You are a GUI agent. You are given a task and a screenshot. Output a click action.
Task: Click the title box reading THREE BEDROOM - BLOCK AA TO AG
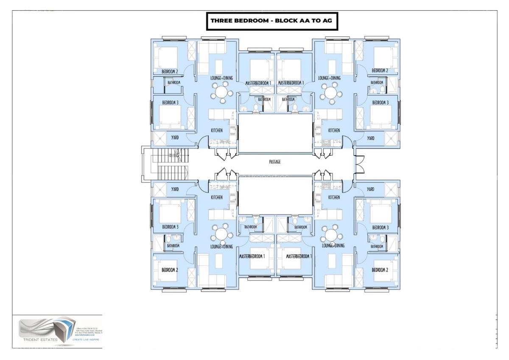[272, 21]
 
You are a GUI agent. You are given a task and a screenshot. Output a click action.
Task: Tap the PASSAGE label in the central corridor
[275, 162]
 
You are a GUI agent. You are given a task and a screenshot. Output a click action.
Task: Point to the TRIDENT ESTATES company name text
[37, 339]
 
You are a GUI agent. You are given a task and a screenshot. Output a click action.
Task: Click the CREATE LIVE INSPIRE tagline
[87, 340]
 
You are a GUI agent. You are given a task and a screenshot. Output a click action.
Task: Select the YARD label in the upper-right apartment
[371, 138]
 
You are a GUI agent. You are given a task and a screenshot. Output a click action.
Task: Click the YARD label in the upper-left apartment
[175, 138]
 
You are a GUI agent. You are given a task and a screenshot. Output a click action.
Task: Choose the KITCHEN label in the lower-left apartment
[217, 197]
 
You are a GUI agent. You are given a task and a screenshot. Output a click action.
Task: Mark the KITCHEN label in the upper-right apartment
[334, 130]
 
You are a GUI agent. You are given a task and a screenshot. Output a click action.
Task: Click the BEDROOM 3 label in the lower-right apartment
[380, 228]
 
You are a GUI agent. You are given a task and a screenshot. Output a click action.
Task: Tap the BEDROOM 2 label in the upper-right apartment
[380, 70]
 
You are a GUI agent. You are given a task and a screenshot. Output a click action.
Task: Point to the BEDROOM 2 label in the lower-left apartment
[170, 270]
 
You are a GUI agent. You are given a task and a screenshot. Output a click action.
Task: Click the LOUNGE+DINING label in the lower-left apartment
[221, 246]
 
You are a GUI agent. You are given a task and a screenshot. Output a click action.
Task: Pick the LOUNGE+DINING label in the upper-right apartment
[330, 78]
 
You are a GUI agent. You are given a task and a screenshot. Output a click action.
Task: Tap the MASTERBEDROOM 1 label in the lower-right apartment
[299, 256]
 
